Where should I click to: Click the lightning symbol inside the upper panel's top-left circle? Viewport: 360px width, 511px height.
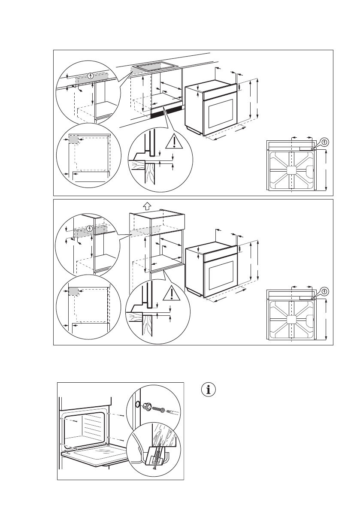[x=90, y=76]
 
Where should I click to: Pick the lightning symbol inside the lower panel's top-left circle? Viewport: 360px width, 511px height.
[x=89, y=228]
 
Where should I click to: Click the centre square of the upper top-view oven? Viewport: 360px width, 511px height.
[x=292, y=170]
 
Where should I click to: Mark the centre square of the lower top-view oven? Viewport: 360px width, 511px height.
[x=292, y=319]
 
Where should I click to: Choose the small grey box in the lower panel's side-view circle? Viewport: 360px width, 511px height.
[x=73, y=292]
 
